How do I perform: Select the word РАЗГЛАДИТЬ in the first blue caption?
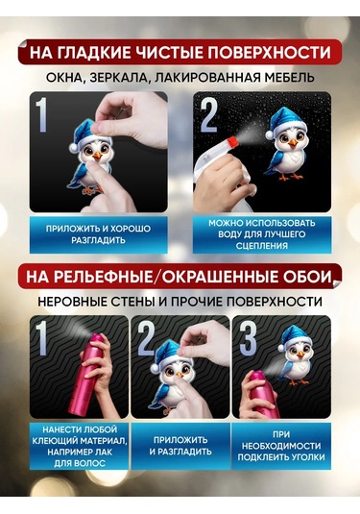98,240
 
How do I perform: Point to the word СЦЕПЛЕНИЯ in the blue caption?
262,246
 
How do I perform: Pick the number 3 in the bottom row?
248,339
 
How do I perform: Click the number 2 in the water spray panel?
209,115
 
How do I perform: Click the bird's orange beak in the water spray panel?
293,143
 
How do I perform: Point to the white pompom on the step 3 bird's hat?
281,348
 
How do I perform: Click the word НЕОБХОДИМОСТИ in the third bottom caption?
281,446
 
